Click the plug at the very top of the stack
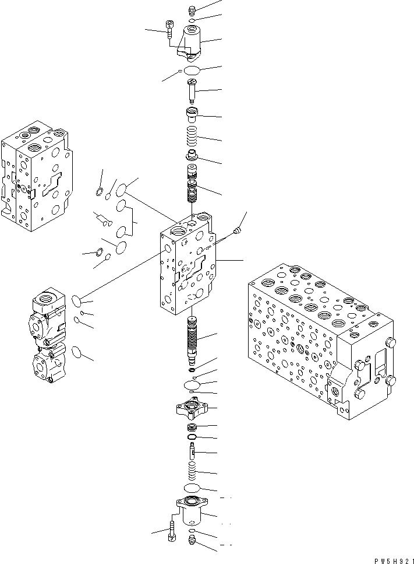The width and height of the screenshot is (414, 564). click(x=192, y=9)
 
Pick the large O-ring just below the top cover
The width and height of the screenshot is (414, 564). click(x=192, y=71)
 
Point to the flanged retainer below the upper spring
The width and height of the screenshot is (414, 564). click(x=192, y=156)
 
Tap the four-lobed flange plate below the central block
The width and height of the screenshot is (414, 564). click(x=192, y=407)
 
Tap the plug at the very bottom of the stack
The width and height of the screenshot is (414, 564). click(x=192, y=542)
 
